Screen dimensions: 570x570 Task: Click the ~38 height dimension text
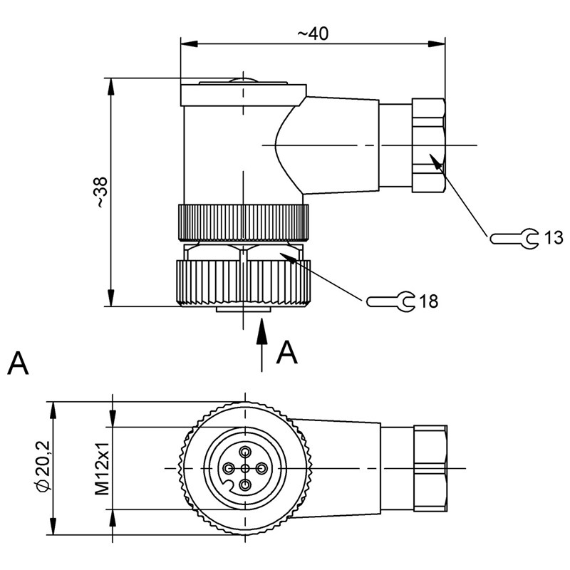101,192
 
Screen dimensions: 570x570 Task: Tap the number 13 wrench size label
554,238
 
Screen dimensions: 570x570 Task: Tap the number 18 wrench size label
428,301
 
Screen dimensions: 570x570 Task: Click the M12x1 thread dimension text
102,468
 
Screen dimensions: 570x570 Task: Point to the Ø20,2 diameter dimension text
43,467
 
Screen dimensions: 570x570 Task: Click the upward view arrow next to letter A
262,342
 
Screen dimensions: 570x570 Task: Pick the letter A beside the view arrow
286,352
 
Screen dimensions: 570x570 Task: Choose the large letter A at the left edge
19,363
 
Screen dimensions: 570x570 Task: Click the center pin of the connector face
245,468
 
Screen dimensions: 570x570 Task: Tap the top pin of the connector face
245,452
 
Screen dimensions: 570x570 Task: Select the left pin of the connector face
229,468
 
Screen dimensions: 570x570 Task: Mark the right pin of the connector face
261,468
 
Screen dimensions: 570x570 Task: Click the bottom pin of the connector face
245,484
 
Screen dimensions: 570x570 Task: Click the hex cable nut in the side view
428,145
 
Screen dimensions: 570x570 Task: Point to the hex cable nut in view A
430,468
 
